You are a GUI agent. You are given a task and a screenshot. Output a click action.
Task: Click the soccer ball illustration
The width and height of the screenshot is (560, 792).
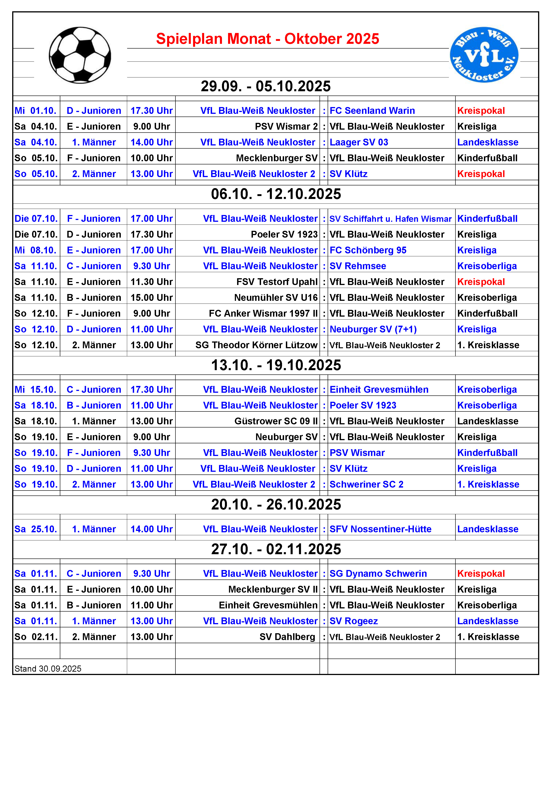[80, 55]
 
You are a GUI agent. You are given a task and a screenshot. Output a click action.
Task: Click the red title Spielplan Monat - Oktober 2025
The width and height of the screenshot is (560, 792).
[268, 39]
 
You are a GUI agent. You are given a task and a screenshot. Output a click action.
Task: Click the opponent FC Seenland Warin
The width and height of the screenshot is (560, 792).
[372, 111]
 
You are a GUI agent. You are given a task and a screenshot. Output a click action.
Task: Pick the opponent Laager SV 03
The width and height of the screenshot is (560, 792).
[359, 143]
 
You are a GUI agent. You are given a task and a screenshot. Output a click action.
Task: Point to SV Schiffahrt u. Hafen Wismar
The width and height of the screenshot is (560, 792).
[390, 219]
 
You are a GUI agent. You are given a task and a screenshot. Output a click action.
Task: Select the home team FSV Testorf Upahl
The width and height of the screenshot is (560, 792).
[277, 282]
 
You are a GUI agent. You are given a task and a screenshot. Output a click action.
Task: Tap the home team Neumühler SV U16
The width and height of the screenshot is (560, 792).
[276, 298]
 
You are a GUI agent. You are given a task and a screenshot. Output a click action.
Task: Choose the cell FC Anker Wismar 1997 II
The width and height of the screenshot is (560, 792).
[263, 313]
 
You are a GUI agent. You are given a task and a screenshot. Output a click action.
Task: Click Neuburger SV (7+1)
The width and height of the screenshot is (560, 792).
[373, 329]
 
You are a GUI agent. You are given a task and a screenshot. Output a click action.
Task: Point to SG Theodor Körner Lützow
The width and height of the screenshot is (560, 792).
[256, 345]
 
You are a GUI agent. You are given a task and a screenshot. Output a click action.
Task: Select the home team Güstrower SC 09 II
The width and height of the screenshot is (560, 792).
[276, 421]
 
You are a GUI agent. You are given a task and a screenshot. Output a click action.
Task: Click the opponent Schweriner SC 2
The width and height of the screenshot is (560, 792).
[366, 485]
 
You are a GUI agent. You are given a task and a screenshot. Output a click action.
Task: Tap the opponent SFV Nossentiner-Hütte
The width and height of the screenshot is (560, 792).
[380, 529]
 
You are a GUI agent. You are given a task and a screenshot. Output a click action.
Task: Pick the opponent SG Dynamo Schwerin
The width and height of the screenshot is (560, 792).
[378, 574]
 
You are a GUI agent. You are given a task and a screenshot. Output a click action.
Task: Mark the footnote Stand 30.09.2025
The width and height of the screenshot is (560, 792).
[48, 669]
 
